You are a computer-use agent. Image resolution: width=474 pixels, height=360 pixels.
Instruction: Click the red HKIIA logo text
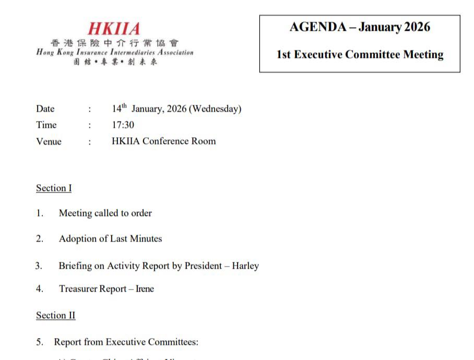114,28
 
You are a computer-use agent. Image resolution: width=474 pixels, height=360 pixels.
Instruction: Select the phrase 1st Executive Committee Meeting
360,54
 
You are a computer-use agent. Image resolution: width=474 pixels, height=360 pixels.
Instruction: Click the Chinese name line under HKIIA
114,43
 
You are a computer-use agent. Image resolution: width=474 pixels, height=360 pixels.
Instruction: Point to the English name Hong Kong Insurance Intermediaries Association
115,53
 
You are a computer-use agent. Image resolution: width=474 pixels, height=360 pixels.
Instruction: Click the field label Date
45,109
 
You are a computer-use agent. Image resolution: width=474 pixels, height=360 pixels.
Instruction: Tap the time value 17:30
123,125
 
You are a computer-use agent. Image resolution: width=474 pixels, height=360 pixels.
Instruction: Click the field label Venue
49,141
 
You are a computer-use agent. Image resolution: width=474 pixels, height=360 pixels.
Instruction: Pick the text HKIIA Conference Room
163,141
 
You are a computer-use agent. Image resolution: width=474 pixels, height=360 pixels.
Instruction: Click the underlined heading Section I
54,188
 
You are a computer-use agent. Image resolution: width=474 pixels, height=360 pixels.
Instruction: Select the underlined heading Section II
55,316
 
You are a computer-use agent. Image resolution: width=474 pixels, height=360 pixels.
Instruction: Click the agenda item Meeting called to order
105,213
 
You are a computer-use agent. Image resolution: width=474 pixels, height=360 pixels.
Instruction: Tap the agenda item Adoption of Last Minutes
110,239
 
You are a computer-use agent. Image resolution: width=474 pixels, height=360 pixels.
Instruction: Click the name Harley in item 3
245,266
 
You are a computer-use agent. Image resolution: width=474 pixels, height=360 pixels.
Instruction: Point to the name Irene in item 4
145,289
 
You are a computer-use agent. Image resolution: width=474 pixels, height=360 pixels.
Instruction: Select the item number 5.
39,342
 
